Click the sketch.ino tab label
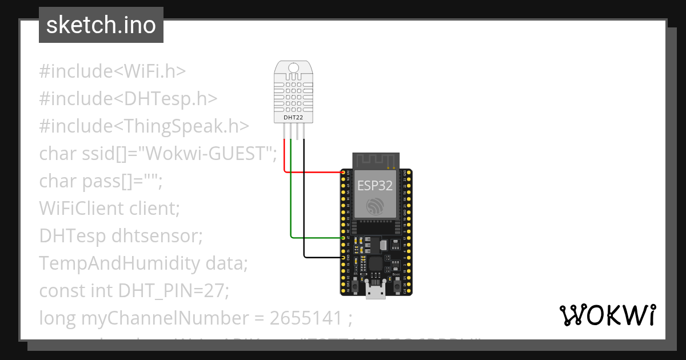pos(101,25)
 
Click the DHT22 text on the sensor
pos(294,118)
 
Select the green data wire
pos(291,200)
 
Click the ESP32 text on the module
pos(375,185)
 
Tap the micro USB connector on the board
pos(376,292)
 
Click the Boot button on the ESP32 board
pos(397,284)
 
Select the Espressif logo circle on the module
pos(375,206)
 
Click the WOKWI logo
pos(607,315)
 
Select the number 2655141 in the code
pos(314,318)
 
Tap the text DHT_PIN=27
pos(173,291)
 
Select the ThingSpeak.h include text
pos(182,126)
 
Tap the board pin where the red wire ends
pos(344,172)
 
